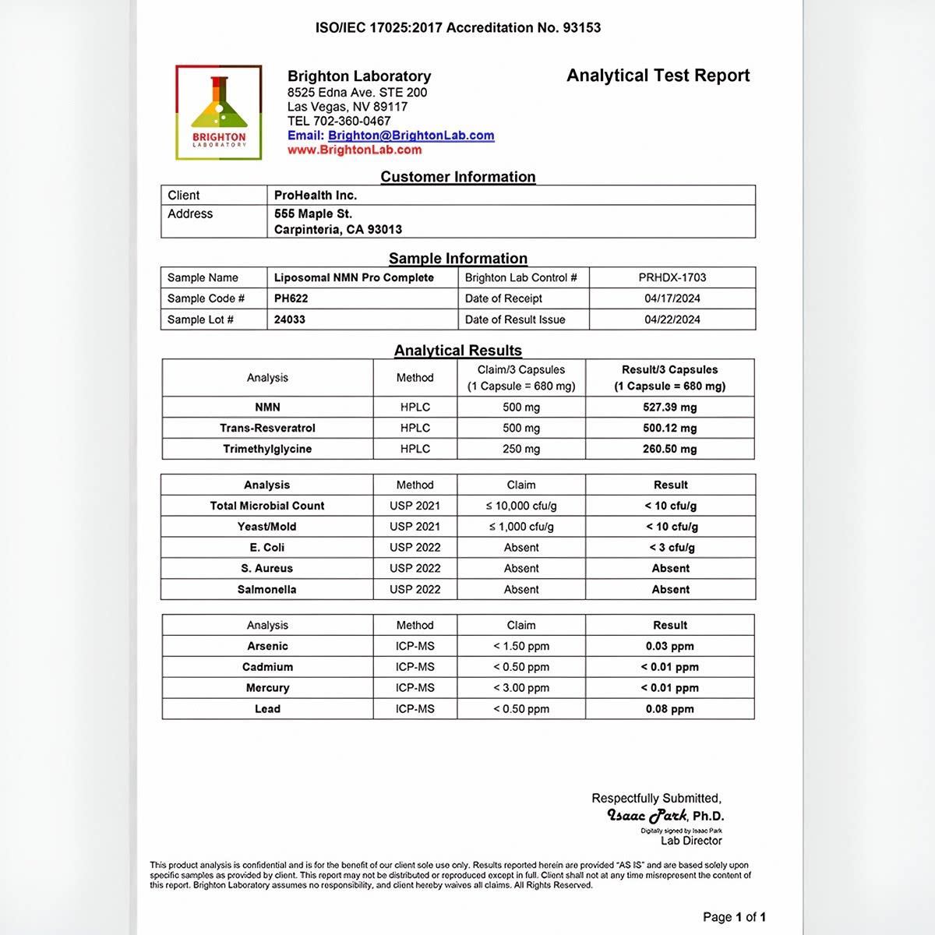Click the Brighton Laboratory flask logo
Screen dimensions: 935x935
219,112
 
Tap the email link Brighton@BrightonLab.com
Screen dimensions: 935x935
411,136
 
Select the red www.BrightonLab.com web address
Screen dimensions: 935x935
355,150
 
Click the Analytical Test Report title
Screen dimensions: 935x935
658,76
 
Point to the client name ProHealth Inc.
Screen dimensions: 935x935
315,195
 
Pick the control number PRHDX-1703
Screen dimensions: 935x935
672,277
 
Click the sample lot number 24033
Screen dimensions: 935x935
290,319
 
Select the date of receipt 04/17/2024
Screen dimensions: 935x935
672,298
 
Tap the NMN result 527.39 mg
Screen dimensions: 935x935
669,407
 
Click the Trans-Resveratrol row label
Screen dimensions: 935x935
267,428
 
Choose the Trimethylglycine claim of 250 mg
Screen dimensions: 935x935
520,449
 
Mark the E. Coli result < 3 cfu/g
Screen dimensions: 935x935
671,548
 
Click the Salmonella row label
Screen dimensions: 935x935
266,590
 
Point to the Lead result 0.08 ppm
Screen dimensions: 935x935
669,709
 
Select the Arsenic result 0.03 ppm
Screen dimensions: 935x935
669,646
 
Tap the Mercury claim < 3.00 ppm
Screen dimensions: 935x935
520,688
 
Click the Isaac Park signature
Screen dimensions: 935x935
647,816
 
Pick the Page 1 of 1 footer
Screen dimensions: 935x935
734,917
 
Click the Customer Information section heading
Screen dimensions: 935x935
457,177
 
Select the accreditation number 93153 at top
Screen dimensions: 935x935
581,28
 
